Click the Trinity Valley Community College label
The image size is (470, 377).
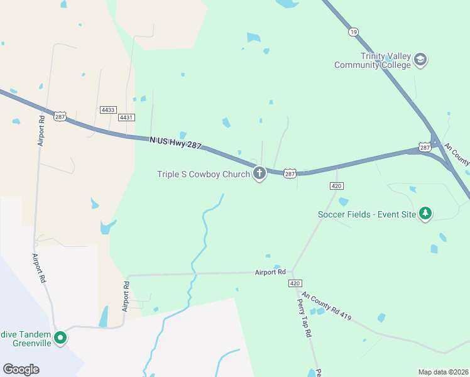tap(373, 60)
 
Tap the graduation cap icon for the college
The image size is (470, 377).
tap(420, 60)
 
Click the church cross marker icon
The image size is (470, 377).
tap(259, 173)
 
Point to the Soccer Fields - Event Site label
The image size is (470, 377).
tap(367, 214)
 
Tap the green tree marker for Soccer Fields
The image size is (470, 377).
tap(426, 214)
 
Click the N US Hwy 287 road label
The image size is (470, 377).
tap(175, 144)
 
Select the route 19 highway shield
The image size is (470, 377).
tap(354, 31)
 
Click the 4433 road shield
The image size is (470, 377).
tap(107, 109)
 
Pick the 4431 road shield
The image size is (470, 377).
tap(126, 117)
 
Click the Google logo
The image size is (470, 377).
tap(21, 369)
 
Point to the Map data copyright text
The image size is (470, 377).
tap(442, 372)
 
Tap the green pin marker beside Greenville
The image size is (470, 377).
tap(60, 338)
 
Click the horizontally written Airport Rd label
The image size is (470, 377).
tap(270, 272)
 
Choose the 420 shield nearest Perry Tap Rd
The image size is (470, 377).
tap(295, 284)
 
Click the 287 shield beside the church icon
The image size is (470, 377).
tap(289, 172)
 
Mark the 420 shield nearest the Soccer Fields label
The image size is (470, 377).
tap(336, 186)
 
